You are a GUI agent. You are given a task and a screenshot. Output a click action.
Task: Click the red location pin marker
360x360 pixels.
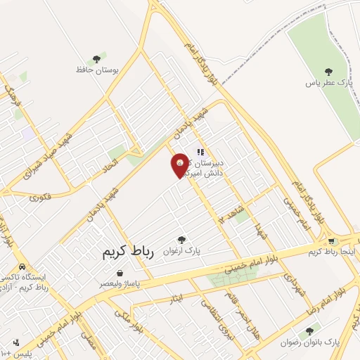coord(180,166)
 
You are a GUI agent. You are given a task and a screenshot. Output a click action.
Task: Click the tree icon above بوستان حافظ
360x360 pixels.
coord(96,59)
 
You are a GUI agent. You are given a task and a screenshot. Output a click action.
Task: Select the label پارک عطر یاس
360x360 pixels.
coord(328,83)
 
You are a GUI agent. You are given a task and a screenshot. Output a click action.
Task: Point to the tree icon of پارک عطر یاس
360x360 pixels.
coord(328,71)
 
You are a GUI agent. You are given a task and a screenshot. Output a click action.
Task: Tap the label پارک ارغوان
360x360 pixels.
coord(182,250)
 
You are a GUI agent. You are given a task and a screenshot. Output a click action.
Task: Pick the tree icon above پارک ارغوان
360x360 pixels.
coord(181,239)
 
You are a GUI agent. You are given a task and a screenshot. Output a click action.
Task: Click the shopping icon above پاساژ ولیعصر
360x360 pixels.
coord(120,273)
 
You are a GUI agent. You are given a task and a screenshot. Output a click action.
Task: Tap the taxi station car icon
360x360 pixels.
coord(22,267)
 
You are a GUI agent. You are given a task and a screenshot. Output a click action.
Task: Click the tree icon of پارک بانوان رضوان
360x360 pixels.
coord(309,331)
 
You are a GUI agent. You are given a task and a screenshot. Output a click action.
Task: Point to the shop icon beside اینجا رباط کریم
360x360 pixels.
coord(333,242)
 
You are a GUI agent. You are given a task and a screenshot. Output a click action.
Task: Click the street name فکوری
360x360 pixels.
coord(41,198)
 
